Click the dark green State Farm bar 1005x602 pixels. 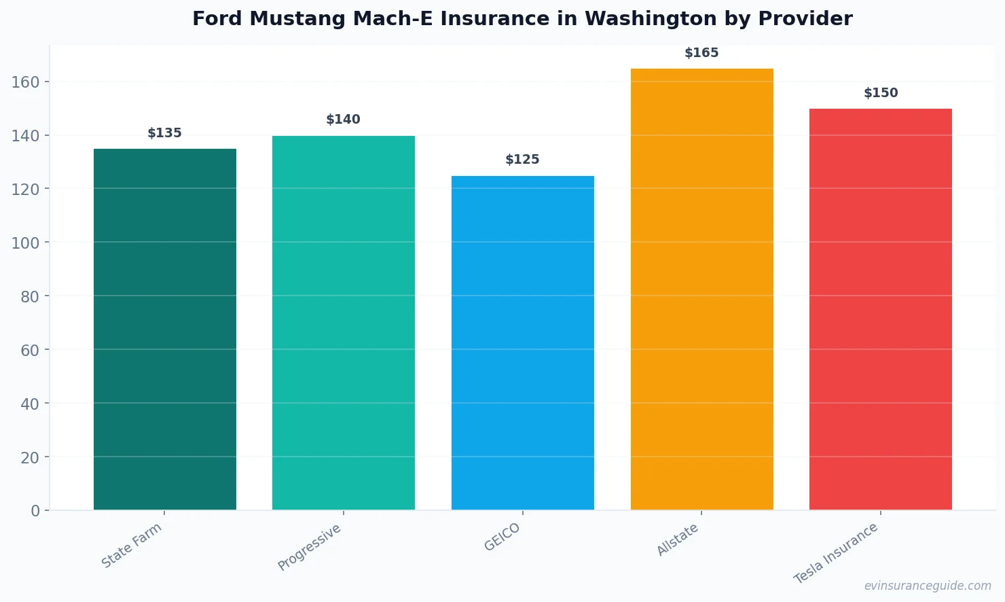pyautogui.click(x=165, y=329)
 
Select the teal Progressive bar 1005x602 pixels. pyautogui.click(x=344, y=323)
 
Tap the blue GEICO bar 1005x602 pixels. pyautogui.click(x=523, y=342)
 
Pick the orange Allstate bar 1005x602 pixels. pyautogui.click(x=701, y=289)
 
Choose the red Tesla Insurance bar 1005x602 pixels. pyautogui.click(x=881, y=309)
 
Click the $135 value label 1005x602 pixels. pyautogui.click(x=165, y=133)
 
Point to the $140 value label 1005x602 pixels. pyautogui.click(x=344, y=120)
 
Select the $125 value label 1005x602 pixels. pyautogui.click(x=523, y=160)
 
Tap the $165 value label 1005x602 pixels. pyautogui.click(x=701, y=53)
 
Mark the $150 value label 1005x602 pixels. pyautogui.click(x=881, y=93)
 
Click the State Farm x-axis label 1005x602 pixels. pyautogui.click(x=132, y=545)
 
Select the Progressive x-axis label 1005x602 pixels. pyautogui.click(x=310, y=547)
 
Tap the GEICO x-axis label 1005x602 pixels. pyautogui.click(x=502, y=537)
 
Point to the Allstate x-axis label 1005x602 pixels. pyautogui.click(x=677, y=540)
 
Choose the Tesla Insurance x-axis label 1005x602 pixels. pyautogui.click(x=836, y=553)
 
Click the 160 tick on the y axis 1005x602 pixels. pyautogui.click(x=26, y=82)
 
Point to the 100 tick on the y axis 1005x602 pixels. pyautogui.click(x=26, y=243)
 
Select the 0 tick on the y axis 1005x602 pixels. pyautogui.click(x=35, y=511)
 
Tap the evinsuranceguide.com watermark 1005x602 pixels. pyautogui.click(x=928, y=586)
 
